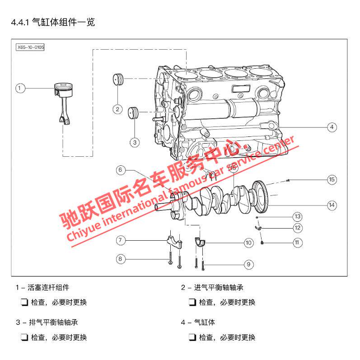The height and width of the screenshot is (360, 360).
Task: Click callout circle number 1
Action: coord(20,88)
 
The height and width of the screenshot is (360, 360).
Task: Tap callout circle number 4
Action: coord(332,127)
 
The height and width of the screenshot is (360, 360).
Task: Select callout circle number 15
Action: coord(332,179)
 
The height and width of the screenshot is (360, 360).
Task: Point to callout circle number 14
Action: coord(332,205)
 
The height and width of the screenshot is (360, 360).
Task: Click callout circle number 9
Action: coord(248,265)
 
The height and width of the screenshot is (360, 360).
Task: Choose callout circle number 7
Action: coord(121,240)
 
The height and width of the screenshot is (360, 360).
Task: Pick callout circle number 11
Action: coord(297,243)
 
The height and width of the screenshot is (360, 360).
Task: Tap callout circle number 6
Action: coord(121,170)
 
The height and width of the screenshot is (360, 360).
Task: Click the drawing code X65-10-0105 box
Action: coord(30,47)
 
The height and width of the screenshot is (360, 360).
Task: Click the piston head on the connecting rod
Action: coord(64,90)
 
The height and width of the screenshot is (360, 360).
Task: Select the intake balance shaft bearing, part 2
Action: coord(118,79)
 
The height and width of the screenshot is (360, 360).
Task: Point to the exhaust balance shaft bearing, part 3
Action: coord(133,113)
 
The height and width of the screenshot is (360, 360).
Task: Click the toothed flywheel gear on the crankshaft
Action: coord(260,196)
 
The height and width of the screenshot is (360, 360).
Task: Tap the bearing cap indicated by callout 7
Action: coord(174,241)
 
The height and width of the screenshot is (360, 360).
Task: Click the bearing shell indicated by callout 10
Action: coord(200,242)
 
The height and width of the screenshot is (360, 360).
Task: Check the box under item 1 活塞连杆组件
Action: coord(24,302)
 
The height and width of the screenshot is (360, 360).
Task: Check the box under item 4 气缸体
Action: coord(192,337)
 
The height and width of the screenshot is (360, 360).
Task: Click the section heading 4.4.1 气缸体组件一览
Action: coord(53,22)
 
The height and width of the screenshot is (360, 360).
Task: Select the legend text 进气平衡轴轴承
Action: coord(219,287)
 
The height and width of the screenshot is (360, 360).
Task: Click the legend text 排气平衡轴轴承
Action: coord(53,323)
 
